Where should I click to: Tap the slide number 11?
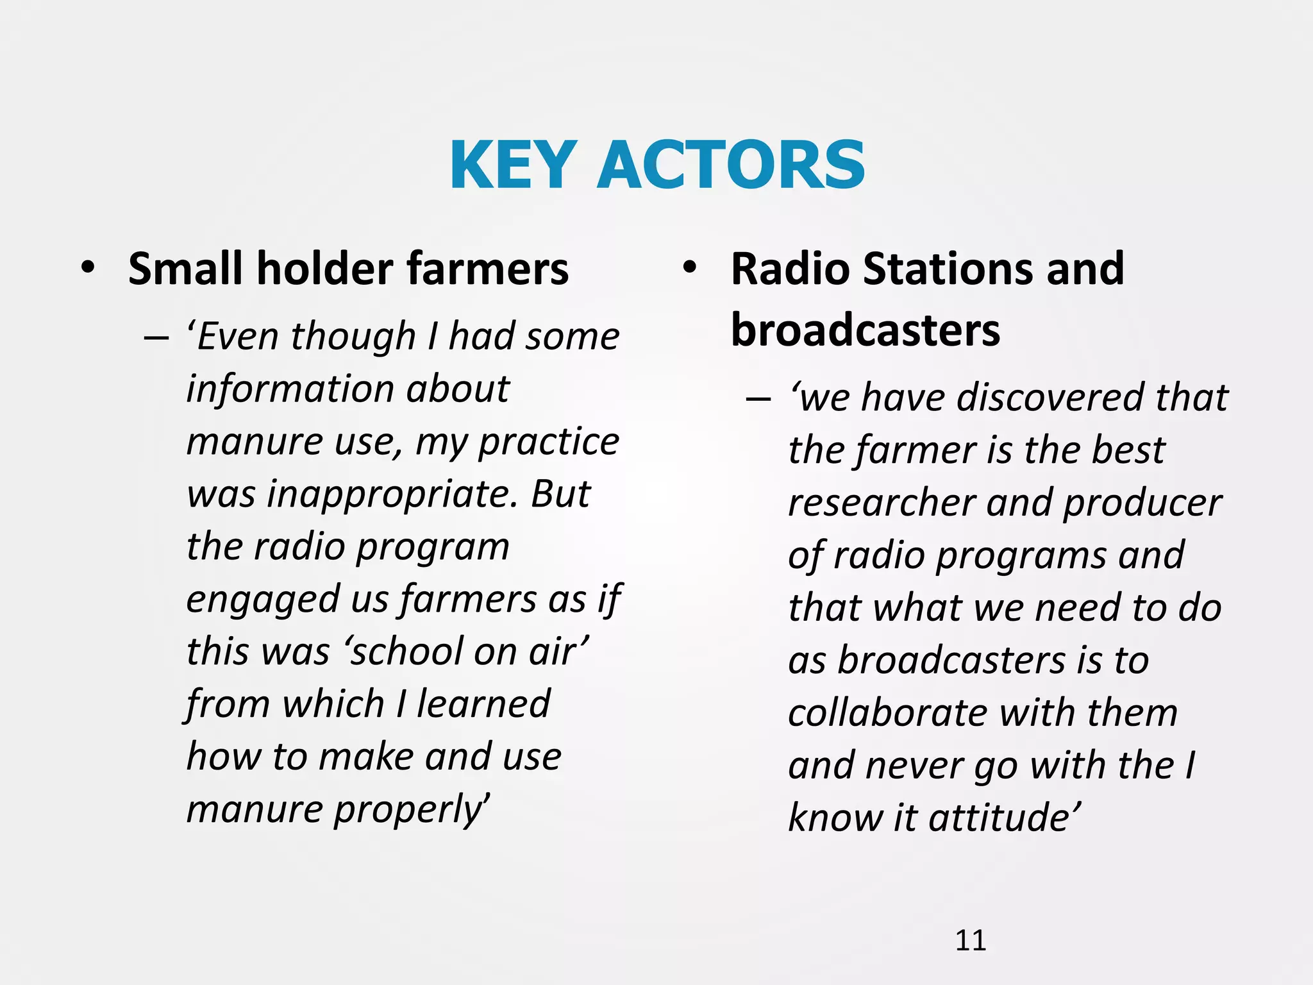[970, 940]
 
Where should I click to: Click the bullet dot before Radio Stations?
[689, 267]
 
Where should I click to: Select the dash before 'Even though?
[156, 338]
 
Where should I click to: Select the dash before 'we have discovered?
[758, 399]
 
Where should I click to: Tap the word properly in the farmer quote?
[411, 809]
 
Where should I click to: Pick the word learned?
[483, 704]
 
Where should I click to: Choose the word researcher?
[882, 503]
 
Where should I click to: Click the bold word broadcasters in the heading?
[865, 330]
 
